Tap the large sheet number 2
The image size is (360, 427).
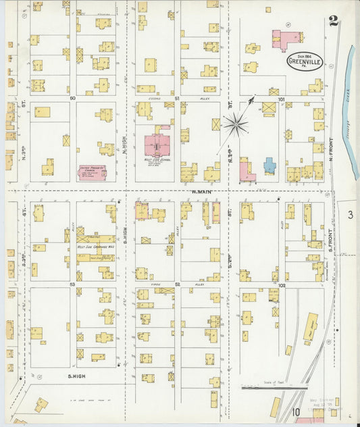[x=333, y=21]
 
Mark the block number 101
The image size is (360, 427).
[x=281, y=99]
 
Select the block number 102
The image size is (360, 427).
[x=281, y=286]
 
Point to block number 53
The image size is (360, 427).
[x=72, y=285]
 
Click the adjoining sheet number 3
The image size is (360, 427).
[x=350, y=215]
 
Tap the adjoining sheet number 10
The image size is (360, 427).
[x=297, y=411]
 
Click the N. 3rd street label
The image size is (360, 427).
[x=22, y=128]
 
